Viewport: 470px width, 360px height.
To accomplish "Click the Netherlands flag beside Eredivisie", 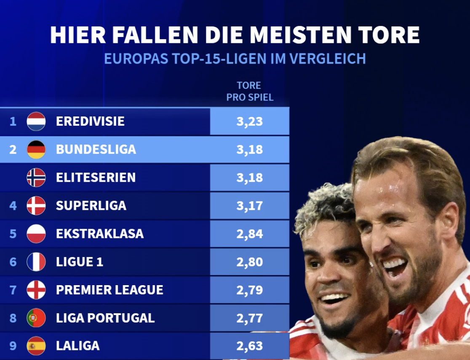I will point(36,122).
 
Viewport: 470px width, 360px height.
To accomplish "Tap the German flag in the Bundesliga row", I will point(36,149).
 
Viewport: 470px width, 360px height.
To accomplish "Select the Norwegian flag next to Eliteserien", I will point(36,177).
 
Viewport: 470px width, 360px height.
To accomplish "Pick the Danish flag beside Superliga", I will point(36,206).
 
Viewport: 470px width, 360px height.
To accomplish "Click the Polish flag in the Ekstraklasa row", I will point(36,234).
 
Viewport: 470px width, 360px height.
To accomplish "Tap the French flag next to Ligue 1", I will point(36,262).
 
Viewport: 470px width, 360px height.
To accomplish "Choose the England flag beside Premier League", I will point(36,290).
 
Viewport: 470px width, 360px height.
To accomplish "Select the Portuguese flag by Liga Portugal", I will point(36,318).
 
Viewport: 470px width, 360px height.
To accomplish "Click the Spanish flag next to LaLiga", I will point(36,346).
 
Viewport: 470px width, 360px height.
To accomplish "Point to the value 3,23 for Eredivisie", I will point(249,122).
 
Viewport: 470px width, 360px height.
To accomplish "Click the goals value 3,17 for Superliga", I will point(249,206).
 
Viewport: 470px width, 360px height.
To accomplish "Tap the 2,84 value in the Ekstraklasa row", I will point(249,234).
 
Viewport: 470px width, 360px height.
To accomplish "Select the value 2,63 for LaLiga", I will point(249,346).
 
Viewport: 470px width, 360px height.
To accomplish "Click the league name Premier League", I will point(109,290).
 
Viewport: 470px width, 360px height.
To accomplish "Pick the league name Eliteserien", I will point(96,177).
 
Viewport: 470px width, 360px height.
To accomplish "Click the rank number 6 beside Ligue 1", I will point(13,262).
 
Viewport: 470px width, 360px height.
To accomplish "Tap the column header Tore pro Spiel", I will point(250,91).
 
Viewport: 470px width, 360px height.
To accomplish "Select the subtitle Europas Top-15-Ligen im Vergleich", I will point(235,58).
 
